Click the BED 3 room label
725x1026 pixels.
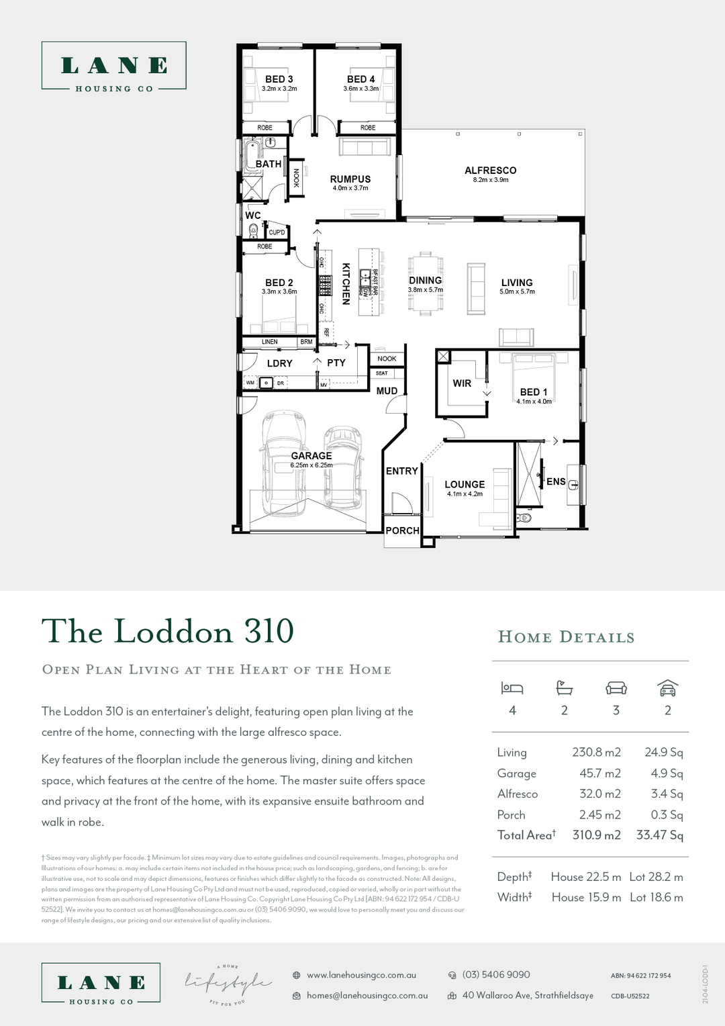pos(279,79)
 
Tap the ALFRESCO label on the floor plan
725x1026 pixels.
pos(490,171)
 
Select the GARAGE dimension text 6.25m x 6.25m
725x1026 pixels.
pos(311,465)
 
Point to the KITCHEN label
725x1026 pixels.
pos(346,283)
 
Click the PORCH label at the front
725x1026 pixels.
pos(402,530)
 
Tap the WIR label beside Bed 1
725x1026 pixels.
pos(462,383)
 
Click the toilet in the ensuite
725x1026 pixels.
pos(525,518)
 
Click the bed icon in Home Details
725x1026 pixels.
pos(512,688)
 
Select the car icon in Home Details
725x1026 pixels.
pos(667,688)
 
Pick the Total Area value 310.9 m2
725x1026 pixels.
pos(596,835)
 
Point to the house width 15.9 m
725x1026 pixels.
pos(586,897)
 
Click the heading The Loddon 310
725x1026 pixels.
pos(168,632)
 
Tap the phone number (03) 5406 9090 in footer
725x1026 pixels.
pos(496,974)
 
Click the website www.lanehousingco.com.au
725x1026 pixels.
pos(361,975)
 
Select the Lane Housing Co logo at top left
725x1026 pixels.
pos(114,66)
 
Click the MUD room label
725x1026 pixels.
pos(387,391)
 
